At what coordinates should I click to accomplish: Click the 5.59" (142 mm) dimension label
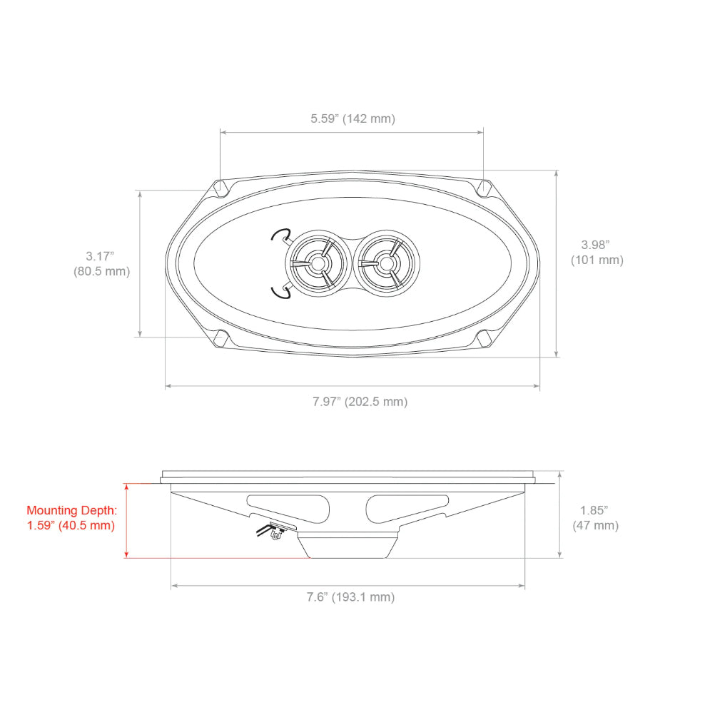(352, 118)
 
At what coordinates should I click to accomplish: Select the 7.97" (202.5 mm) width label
(360, 402)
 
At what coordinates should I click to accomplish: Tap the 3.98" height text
(597, 244)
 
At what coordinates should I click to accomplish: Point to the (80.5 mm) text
(101, 271)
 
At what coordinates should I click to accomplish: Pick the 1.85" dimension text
(594, 510)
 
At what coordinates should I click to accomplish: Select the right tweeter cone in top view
(386, 263)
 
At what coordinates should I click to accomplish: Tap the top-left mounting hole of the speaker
(222, 188)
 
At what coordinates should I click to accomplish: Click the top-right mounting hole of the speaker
(485, 188)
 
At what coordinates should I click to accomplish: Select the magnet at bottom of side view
(348, 545)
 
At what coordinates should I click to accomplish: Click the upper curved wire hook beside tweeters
(280, 235)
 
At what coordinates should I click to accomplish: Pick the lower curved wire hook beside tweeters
(280, 289)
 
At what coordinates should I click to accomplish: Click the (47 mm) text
(595, 526)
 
